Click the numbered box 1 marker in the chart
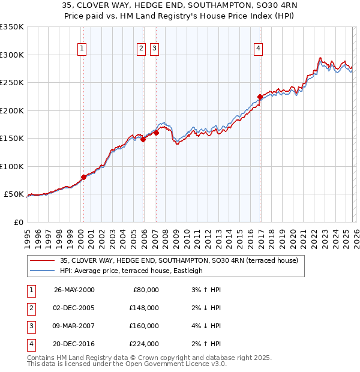point(81,49)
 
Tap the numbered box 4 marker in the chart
point(258,49)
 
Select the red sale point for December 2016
point(260,97)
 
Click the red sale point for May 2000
point(83,177)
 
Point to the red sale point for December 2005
point(143,139)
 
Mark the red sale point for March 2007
point(156,133)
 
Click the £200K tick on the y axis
point(11,110)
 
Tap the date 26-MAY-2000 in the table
point(74,290)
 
